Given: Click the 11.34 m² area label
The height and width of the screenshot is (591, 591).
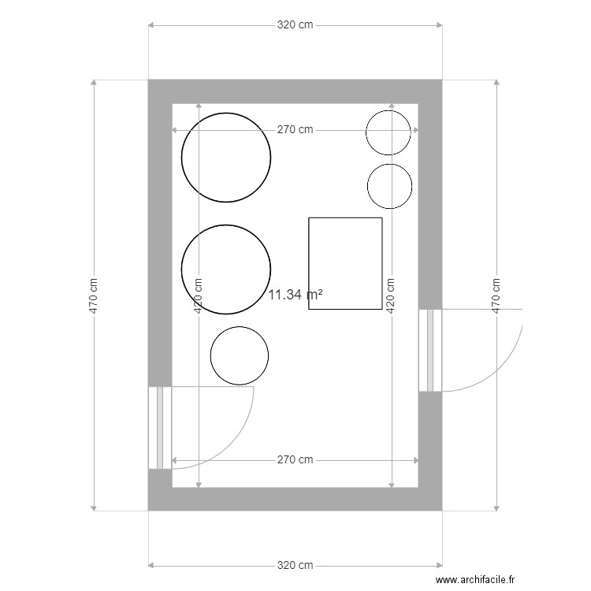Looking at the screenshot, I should [295, 295].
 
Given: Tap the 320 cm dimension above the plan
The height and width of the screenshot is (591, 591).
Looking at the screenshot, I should [295, 25].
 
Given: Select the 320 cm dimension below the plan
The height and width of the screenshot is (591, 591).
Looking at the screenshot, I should [295, 565].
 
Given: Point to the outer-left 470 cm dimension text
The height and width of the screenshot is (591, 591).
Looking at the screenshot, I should [94, 295].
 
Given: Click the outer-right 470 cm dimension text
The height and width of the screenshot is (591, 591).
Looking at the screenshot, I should [496, 295].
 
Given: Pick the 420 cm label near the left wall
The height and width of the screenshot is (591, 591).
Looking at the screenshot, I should [198, 295].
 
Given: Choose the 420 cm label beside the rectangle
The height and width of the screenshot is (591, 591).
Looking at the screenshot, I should [388, 295].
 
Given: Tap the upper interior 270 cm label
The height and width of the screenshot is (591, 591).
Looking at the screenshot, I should [295, 130].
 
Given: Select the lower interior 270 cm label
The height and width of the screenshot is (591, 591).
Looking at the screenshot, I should [295, 459].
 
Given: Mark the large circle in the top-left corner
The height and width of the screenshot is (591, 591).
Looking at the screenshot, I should [226, 157].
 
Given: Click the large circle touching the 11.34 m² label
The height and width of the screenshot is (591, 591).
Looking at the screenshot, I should [226, 269].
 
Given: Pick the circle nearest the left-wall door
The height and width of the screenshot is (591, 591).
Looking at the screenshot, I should [239, 355].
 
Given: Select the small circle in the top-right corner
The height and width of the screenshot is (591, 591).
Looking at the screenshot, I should [388, 132].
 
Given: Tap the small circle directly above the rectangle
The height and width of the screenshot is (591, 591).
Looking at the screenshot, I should [389, 186].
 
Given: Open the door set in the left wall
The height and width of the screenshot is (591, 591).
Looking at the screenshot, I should [160, 428].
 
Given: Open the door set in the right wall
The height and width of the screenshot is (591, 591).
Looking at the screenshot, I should [430, 350].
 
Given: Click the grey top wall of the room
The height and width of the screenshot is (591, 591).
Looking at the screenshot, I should [295, 91].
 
